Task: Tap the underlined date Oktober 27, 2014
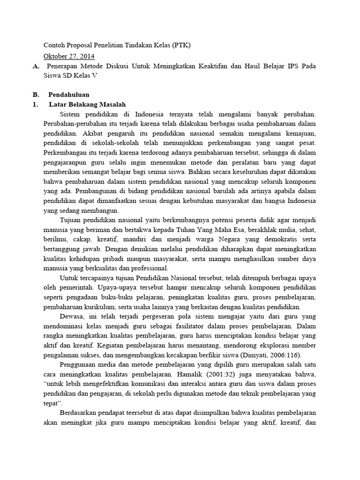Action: coord(69,56)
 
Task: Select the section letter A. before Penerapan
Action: coord(36,67)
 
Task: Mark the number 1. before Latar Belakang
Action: coord(35,104)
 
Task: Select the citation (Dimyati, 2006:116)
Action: coord(267,355)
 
